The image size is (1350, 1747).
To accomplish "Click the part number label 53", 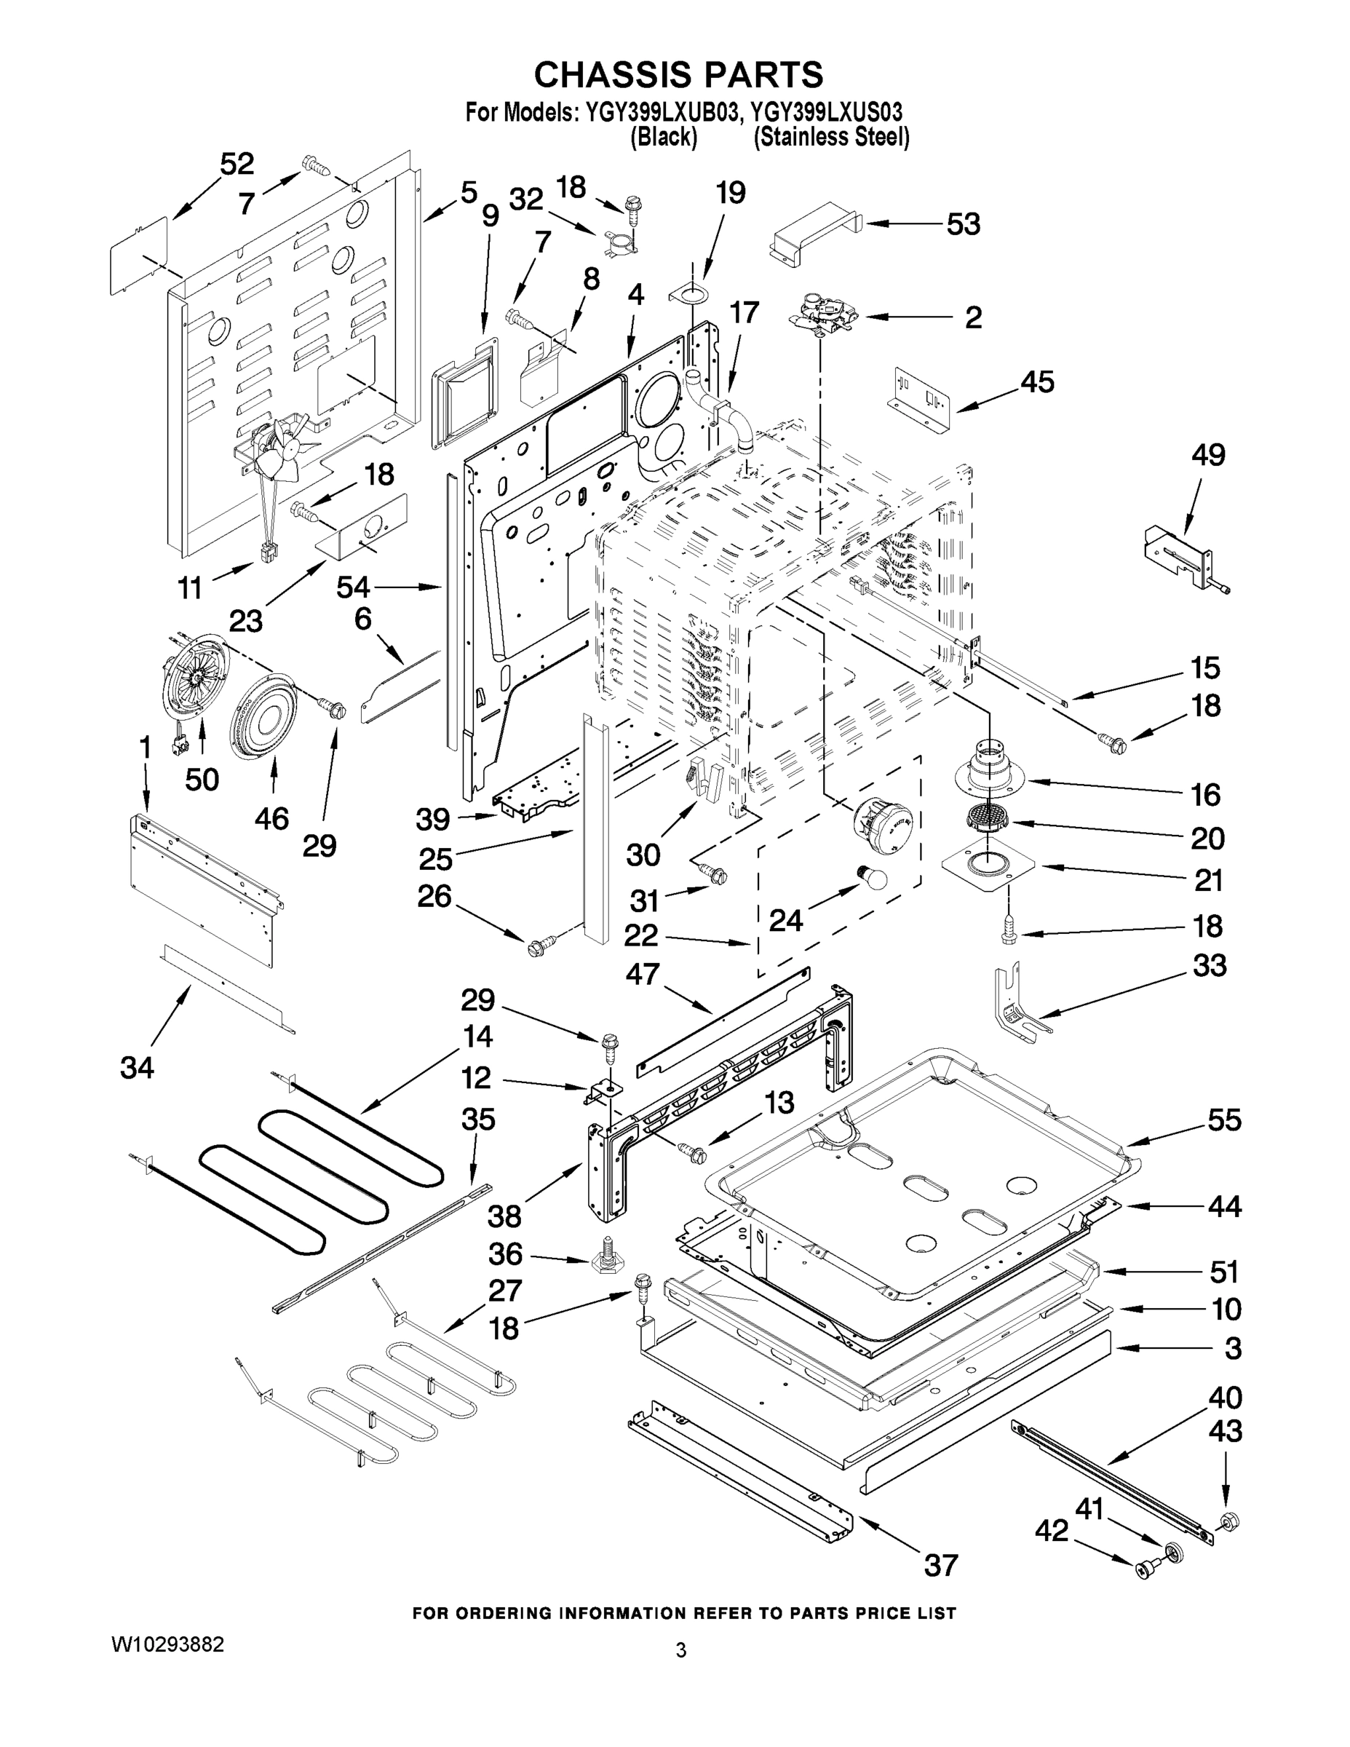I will point(963,225).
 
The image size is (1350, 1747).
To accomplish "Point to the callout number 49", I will point(1207,455).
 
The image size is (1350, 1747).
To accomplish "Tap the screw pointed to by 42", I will point(1145,1570).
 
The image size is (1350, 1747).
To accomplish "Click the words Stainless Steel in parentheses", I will point(831,138).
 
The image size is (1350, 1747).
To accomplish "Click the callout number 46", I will point(271,818).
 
